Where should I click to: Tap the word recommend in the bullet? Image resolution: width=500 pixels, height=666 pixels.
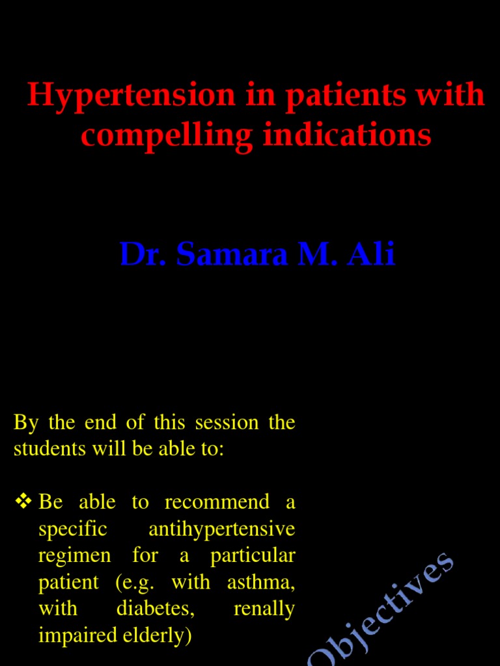(217, 502)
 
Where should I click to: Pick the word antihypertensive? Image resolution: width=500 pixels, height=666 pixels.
(222, 529)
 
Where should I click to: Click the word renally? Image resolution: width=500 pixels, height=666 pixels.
(264, 609)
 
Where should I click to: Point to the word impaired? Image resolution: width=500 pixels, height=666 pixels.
(74, 635)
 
